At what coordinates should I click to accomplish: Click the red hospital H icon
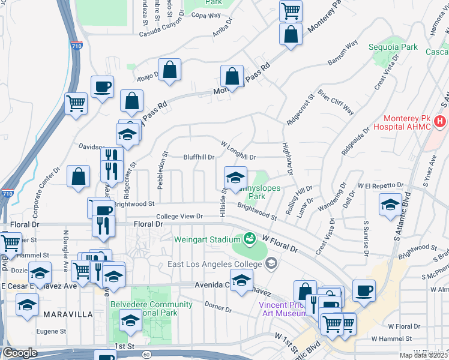click(440, 122)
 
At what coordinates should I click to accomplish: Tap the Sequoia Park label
click(385, 47)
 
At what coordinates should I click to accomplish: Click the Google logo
click(20, 353)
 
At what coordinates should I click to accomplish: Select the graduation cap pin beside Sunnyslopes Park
click(235, 178)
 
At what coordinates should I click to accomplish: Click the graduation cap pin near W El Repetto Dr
click(390, 205)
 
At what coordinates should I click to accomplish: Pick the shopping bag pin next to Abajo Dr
click(171, 70)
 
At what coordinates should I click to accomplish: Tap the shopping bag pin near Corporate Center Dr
click(79, 176)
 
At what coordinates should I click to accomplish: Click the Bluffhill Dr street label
click(199, 157)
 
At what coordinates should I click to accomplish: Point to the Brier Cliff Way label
click(336, 103)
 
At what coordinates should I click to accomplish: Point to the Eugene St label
click(51, 331)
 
